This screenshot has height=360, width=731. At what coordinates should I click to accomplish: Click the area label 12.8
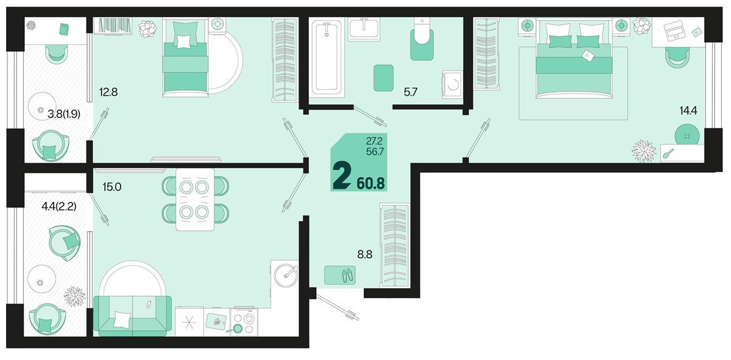(x=108, y=93)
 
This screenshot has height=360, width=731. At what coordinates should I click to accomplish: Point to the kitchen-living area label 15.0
(x=113, y=187)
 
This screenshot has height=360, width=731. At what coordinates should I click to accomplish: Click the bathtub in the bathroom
(x=328, y=57)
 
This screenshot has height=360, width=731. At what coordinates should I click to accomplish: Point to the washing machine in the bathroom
(x=452, y=85)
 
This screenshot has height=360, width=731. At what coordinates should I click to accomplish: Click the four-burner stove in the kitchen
(x=244, y=322)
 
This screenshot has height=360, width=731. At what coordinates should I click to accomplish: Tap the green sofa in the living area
(x=133, y=315)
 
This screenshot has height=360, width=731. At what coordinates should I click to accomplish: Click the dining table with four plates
(x=195, y=199)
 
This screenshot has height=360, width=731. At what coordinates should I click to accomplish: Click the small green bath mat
(x=384, y=77)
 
